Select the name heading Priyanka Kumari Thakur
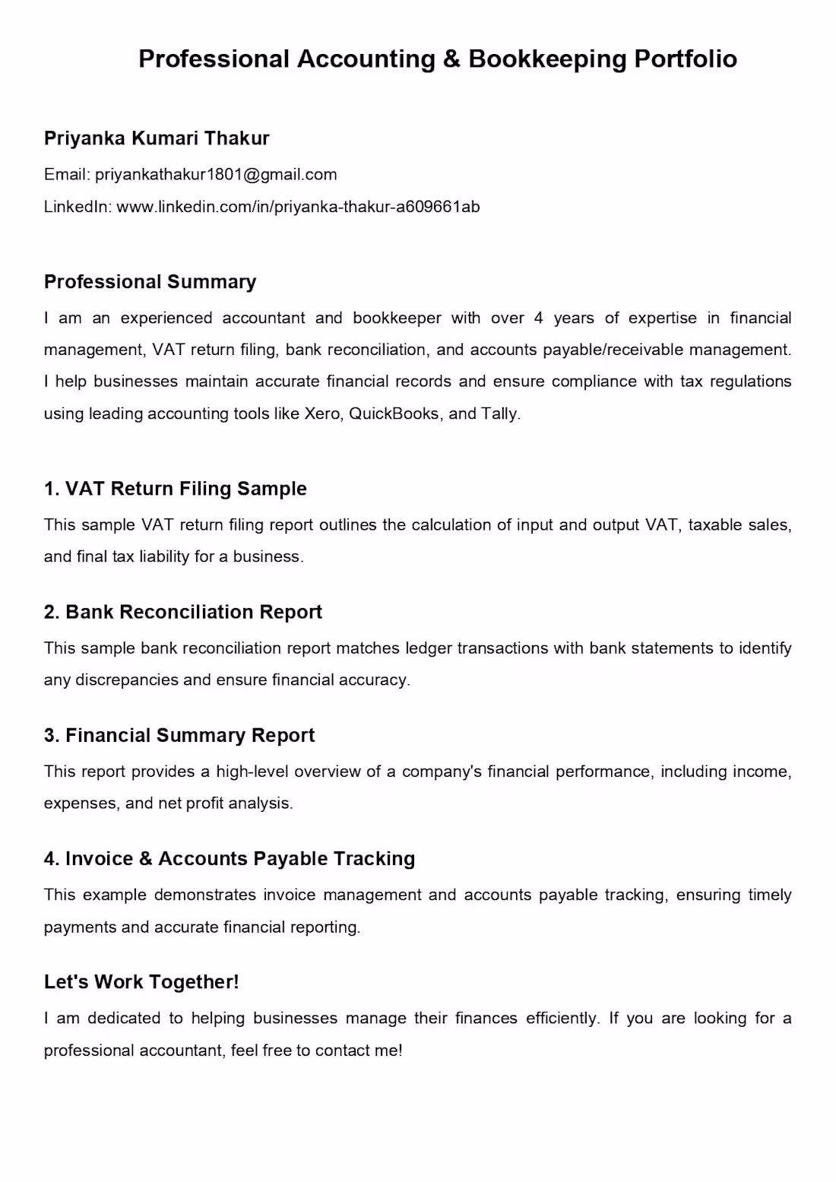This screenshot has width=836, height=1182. pyautogui.click(x=157, y=138)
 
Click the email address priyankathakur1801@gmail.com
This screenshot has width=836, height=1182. pyautogui.click(x=216, y=175)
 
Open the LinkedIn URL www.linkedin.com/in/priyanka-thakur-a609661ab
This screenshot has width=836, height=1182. pyautogui.click(x=298, y=207)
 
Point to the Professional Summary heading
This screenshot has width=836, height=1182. pyautogui.click(x=150, y=282)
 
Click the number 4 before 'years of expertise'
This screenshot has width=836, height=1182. pyautogui.click(x=538, y=318)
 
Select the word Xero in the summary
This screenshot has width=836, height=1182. pyautogui.click(x=321, y=414)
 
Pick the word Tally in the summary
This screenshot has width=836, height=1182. pyautogui.click(x=499, y=414)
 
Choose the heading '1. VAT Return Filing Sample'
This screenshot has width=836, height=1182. pyautogui.click(x=176, y=489)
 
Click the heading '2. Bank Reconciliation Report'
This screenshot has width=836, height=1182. pyautogui.click(x=183, y=612)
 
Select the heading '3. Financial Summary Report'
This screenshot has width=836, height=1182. pyautogui.click(x=179, y=735)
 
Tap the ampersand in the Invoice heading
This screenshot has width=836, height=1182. pyautogui.click(x=146, y=859)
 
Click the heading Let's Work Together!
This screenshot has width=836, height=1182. pyautogui.click(x=141, y=982)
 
